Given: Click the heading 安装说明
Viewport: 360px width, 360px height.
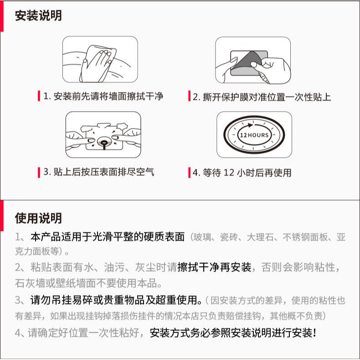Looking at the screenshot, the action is coord(38,15).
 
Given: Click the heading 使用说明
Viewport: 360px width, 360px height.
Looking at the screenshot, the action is coord(38,218).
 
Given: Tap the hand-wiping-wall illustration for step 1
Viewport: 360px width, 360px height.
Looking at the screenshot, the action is coord(100,59).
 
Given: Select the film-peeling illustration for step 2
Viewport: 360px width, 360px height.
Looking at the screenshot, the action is coord(253,60).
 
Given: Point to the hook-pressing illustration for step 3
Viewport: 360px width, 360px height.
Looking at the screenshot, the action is coord(103,135).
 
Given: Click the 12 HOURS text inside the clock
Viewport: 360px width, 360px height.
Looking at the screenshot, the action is coord(254,135).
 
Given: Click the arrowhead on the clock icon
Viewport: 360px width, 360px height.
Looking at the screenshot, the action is coord(250,125).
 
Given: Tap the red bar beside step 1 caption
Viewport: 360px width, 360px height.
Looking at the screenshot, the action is coord(39,96).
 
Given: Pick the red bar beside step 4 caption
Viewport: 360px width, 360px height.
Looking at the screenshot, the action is coord(189,173).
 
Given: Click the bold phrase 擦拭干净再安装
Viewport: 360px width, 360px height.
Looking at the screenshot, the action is coord(214,267).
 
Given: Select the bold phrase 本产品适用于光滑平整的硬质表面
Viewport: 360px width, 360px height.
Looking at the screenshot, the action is coord(108,237).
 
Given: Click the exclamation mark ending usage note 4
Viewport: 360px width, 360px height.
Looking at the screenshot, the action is coord(314,333).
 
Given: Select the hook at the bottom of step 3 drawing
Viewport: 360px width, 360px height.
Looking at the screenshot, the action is coord(104,144).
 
